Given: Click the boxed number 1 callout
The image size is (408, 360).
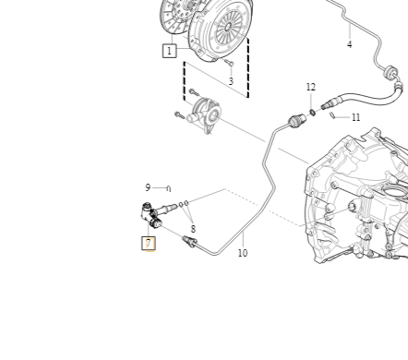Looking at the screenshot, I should (x=169, y=51).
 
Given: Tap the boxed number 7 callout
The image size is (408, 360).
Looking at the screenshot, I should (x=148, y=244).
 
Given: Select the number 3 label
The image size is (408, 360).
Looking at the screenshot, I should (x=231, y=81).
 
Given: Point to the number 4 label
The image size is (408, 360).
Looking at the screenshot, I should (x=349, y=44).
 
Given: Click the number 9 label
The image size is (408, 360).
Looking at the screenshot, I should (x=148, y=187).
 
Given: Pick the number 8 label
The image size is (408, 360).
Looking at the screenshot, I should (x=193, y=229).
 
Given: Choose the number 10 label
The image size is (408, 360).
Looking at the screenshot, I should (x=242, y=252).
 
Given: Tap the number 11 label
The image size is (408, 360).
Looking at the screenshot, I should (x=355, y=118).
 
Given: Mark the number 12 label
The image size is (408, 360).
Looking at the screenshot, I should (x=311, y=88).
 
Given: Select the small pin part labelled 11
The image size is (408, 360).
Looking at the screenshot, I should (x=332, y=116).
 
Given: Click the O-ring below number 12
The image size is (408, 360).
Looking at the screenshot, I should (x=312, y=112).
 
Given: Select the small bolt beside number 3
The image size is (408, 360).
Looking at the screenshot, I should (x=229, y=63).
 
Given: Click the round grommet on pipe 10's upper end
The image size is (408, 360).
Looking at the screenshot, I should (x=296, y=120).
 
